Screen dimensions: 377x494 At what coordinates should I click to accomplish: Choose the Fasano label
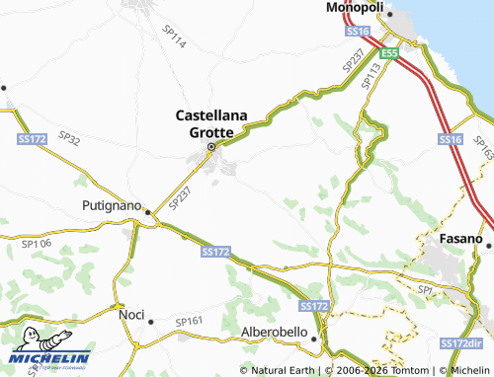[x=460, y=240]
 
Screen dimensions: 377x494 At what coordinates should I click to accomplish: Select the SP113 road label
[x=372, y=75]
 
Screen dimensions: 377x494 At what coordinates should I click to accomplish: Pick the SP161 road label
[x=188, y=322]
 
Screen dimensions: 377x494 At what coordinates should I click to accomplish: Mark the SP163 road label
[x=483, y=148]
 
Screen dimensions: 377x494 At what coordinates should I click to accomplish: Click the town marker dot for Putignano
[x=148, y=211]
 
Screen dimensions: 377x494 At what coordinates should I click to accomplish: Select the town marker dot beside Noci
[x=150, y=321]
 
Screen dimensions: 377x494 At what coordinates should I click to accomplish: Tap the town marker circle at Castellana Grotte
[x=210, y=149]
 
